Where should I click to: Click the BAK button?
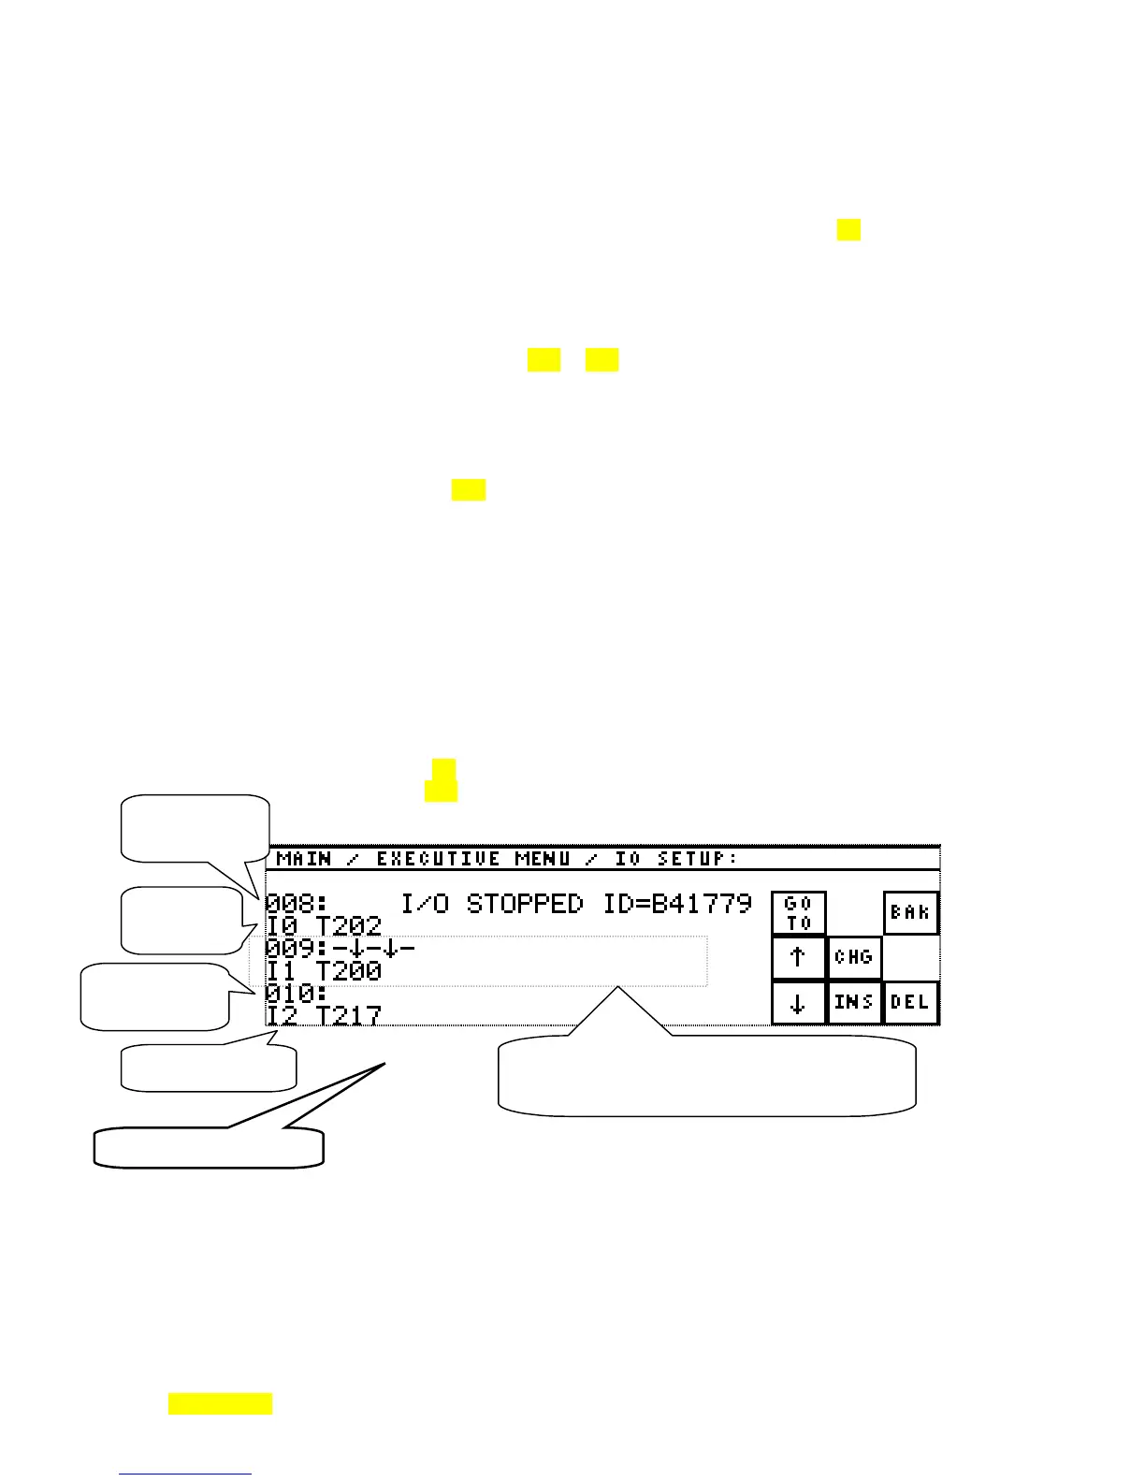[910, 913]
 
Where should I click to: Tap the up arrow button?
[798, 957]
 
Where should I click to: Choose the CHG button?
[854, 957]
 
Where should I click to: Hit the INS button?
[854, 1003]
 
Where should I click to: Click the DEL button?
[910, 1003]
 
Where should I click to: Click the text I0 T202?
[324, 926]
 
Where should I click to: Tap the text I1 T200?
[324, 971]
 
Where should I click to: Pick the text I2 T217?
[324, 1014]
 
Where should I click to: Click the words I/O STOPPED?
[491, 904]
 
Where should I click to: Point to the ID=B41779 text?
[677, 904]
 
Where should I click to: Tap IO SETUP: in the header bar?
[675, 859]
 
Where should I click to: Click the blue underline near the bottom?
[185, 1474]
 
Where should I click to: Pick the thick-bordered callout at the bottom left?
[209, 1148]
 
